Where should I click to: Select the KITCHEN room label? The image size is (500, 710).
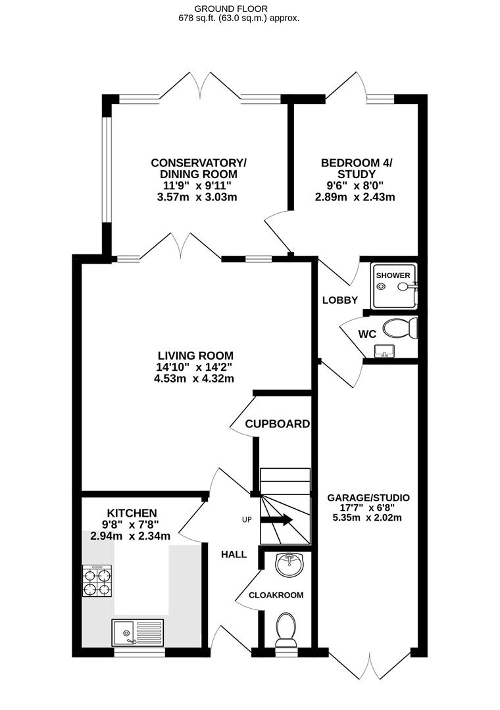click(132, 513)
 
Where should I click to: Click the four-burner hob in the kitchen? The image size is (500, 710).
click(97, 581)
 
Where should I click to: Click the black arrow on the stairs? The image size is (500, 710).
click(277, 520)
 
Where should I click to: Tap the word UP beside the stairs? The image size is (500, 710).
click(247, 520)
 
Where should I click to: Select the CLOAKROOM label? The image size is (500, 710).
click(276, 595)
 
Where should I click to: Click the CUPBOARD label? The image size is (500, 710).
click(277, 424)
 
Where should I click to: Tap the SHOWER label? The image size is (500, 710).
click(393, 275)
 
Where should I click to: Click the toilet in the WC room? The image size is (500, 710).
click(401, 327)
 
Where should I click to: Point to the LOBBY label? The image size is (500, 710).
click(339, 300)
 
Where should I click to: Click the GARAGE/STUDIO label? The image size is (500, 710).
click(368, 498)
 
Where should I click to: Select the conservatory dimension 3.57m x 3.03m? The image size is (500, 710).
click(199, 197)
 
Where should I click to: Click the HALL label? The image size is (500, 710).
click(234, 554)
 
